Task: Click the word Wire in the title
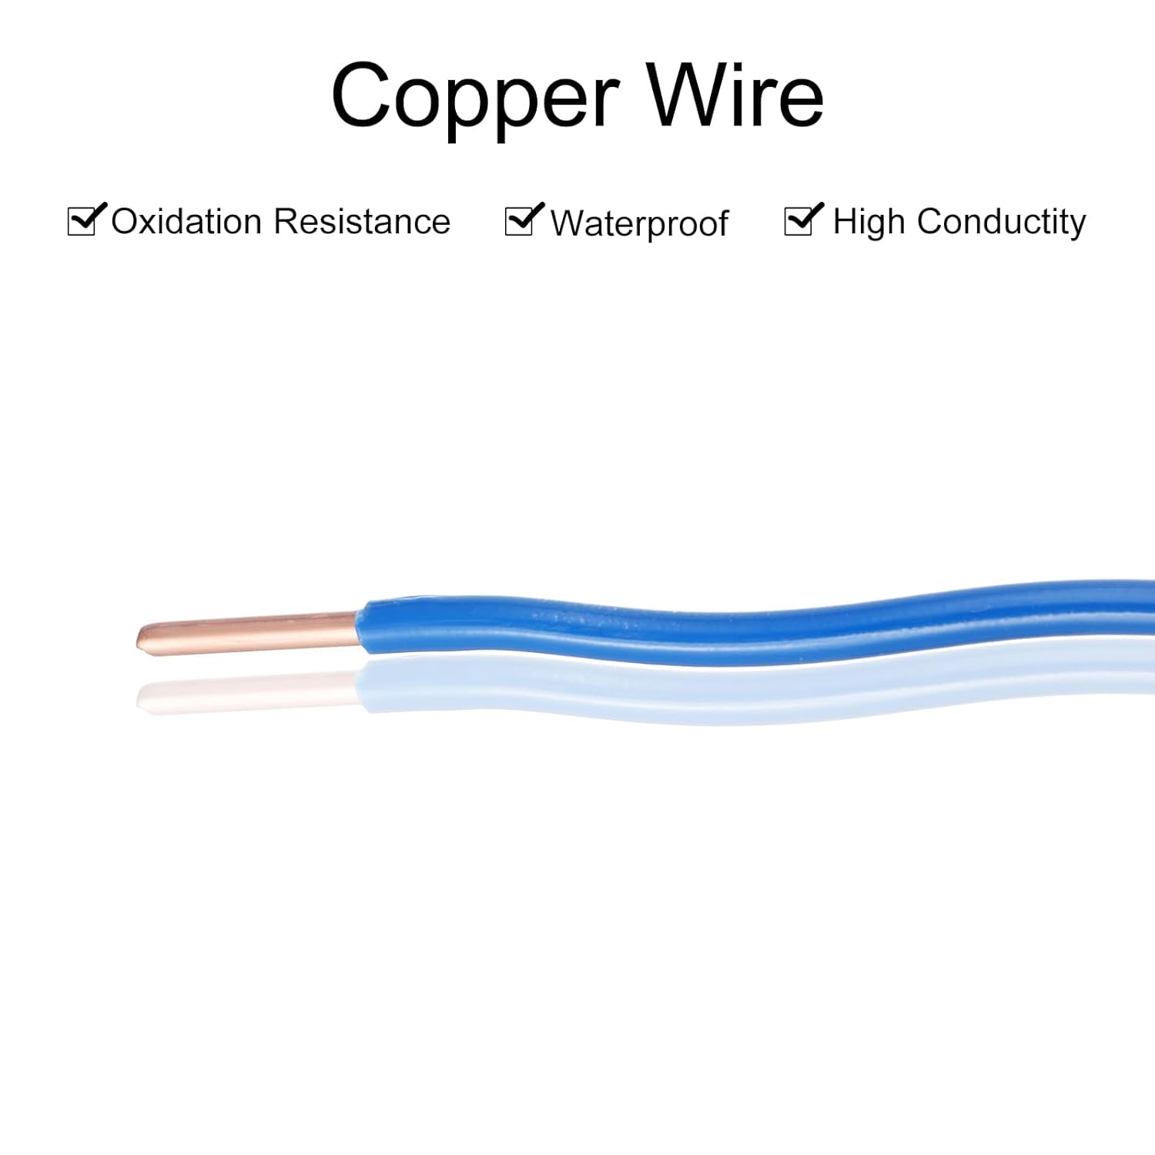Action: click(x=735, y=97)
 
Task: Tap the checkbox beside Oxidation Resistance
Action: click(x=82, y=221)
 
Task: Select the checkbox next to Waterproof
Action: click(x=520, y=222)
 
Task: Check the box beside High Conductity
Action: click(x=799, y=222)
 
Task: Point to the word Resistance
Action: click(x=362, y=222)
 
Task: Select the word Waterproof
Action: click(x=639, y=224)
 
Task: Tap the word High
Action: click(x=869, y=223)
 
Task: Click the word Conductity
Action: click(x=1001, y=223)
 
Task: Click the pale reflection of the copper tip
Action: click(x=146, y=697)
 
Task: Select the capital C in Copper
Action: click(x=362, y=97)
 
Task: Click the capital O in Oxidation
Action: click(x=126, y=222)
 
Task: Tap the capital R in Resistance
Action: click(x=287, y=222)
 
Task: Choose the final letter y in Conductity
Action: click(x=1076, y=225)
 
